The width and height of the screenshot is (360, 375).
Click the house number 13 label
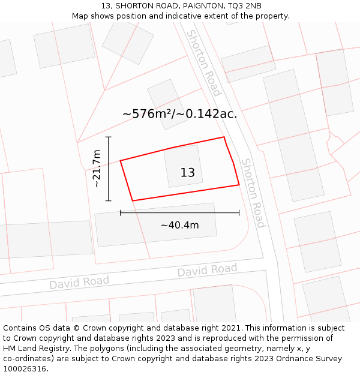[188, 173]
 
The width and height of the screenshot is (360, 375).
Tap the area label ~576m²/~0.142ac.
[180, 113]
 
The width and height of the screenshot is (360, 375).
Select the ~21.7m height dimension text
[97, 169]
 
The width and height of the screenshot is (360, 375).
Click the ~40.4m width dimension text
[179, 225]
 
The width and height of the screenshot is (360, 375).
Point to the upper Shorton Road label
[204, 62]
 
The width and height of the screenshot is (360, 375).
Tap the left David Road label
[79, 282]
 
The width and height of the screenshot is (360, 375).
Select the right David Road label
[207, 271]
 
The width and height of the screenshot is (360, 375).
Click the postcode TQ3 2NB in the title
[245, 6]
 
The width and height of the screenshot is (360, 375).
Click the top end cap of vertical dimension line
[109, 137]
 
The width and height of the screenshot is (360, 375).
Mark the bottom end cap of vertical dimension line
[109, 200]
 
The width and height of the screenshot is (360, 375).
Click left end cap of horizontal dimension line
[121, 212]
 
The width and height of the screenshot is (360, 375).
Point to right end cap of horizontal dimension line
[239, 212]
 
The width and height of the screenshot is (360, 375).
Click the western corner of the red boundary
[121, 160]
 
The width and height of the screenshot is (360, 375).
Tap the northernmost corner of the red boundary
[224, 137]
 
